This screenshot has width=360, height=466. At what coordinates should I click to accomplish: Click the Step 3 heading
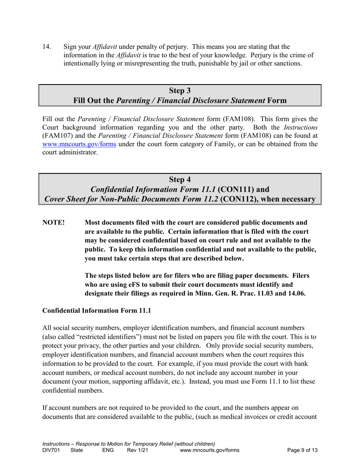coord(180,91)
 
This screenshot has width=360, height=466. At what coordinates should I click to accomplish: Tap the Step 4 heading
coord(180,179)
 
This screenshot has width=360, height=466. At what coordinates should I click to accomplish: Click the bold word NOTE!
coord(53,222)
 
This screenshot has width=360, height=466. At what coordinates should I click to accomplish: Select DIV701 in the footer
coord(51,450)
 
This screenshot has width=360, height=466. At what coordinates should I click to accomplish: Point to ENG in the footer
coord(108,450)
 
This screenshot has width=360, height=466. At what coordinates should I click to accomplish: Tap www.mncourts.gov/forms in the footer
coord(210,450)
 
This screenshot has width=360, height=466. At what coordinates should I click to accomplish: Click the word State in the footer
coord(77,450)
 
